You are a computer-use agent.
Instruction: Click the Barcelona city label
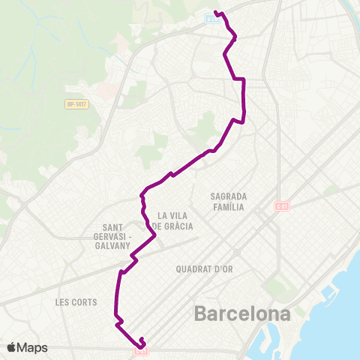pos(241,313)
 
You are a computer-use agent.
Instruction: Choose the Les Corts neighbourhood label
pos(76,302)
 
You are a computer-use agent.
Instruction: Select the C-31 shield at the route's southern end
pos(141,350)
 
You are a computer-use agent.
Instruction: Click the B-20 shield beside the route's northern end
pos(212,19)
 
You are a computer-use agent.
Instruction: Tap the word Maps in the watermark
pos(34,347)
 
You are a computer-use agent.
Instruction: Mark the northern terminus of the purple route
pos(216,12)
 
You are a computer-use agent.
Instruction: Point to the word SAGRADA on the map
pos(229,196)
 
